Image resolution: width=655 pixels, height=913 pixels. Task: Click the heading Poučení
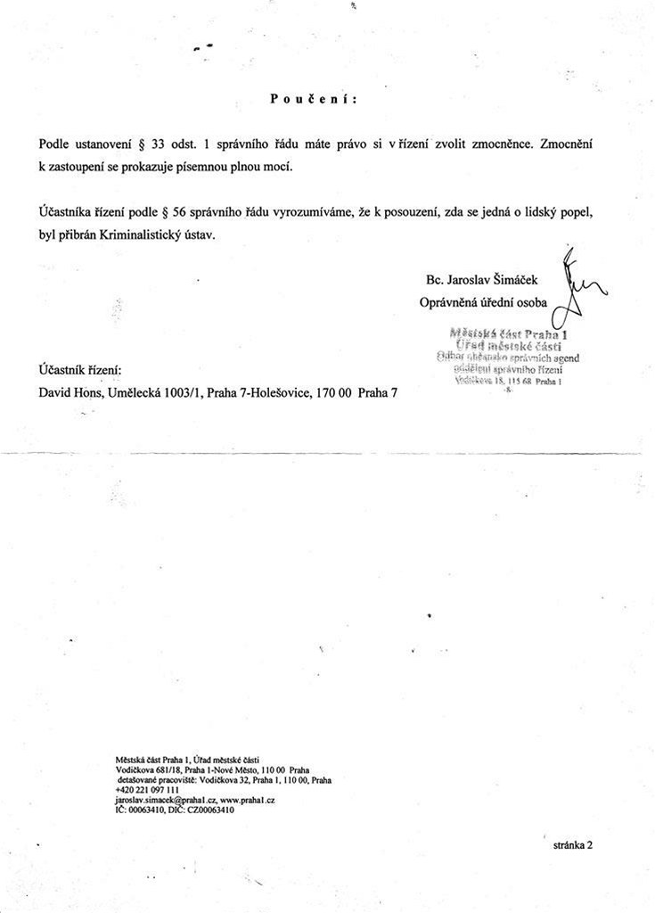tap(313, 99)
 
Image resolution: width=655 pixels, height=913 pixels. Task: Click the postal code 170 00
tap(334, 392)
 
